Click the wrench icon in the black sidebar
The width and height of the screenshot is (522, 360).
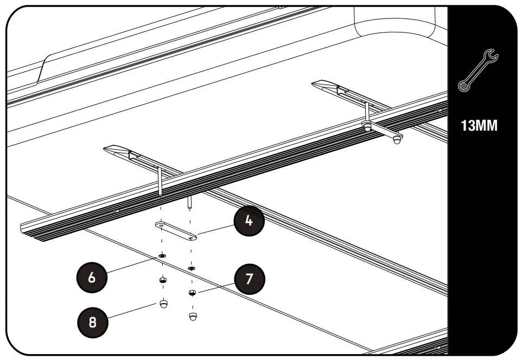tap(478, 69)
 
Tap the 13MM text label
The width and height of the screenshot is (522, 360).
tap(479, 126)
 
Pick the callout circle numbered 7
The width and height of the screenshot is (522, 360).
tap(250, 279)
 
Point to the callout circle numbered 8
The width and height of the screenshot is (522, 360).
tap(92, 322)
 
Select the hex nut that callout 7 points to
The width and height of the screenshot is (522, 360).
tap(192, 293)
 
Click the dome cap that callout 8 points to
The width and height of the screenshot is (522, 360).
tap(162, 304)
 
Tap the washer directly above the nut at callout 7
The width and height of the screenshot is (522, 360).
tap(191, 268)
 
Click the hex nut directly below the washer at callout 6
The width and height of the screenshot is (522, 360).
tap(162, 280)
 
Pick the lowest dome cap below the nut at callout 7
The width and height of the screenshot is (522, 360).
tap(192, 316)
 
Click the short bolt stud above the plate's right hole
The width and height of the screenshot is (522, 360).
tap(190, 201)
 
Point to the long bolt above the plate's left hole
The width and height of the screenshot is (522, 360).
tap(161, 182)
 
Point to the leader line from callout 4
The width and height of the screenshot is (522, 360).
tap(217, 230)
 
